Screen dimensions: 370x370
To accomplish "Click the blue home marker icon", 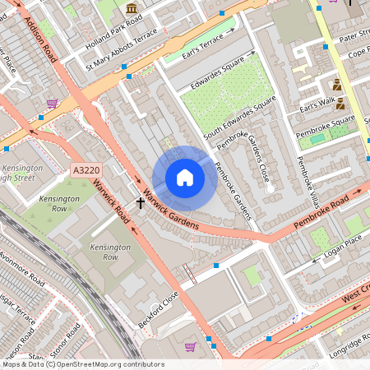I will tap(185, 178).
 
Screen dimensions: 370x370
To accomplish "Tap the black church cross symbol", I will tap(141, 201).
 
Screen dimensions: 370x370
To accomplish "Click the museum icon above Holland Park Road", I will tap(132, 8).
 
